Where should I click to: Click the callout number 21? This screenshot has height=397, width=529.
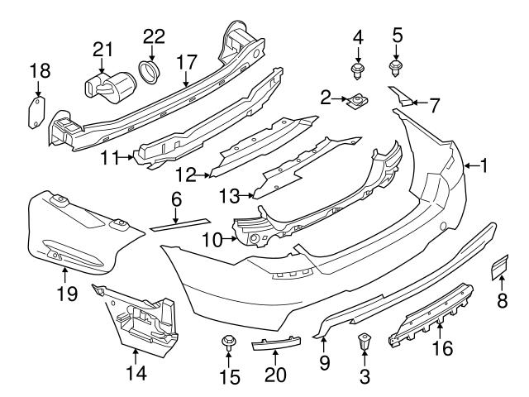pyautogui.click(x=102, y=49)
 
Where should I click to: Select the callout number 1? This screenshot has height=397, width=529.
pyautogui.click(x=484, y=166)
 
